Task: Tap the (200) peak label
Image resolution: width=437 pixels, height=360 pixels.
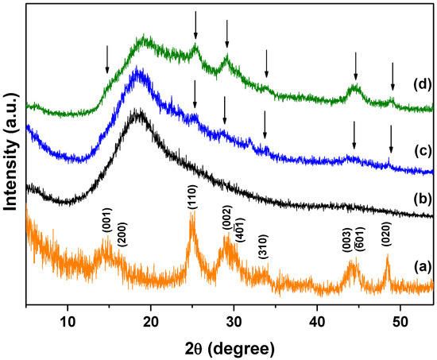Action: click(x=121, y=235)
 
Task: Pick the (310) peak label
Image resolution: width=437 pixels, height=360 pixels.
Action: click(x=263, y=248)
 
